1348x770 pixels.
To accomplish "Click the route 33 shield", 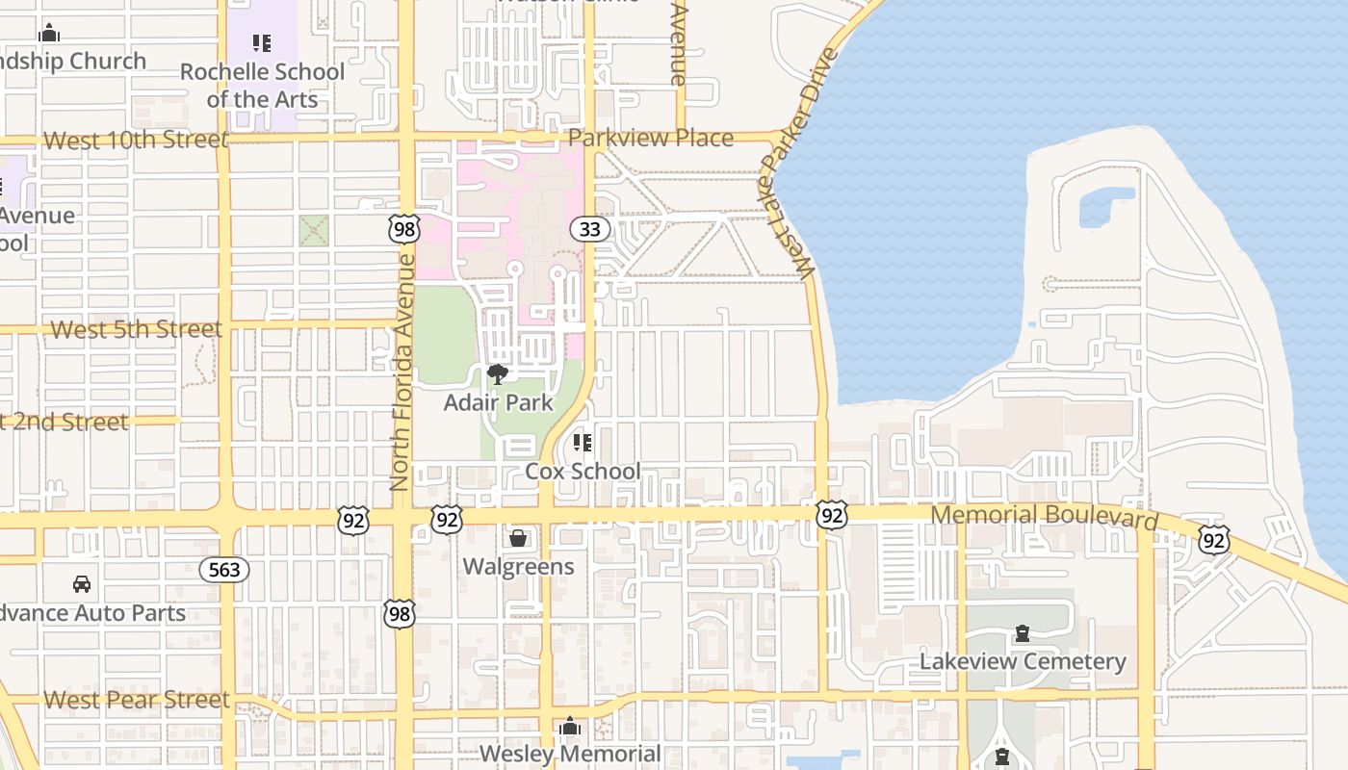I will [x=589, y=229].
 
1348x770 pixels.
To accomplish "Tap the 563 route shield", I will [x=224, y=570].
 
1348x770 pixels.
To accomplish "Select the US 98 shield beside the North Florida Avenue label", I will [x=404, y=229].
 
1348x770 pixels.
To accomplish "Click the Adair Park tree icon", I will [x=498, y=374].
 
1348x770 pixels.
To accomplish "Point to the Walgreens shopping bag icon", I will [x=518, y=538].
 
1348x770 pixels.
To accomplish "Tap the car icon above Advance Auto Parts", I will [x=82, y=584].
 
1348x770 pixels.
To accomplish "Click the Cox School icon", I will [x=582, y=443].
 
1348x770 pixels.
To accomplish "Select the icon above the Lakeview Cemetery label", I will [x=1022, y=634].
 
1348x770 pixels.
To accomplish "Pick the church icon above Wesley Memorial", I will [x=570, y=726].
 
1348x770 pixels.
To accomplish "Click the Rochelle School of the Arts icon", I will [x=261, y=43].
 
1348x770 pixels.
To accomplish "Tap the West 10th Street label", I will [x=136, y=141].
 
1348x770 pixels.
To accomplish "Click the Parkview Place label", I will [x=651, y=138].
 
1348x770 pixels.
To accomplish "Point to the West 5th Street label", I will [x=136, y=329].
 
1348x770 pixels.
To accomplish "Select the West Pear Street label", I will [x=137, y=700].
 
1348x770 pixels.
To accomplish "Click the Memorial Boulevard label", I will [x=1044, y=517].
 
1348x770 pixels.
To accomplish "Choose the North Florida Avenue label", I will [x=402, y=372].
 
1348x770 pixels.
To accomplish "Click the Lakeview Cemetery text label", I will [x=1023, y=662].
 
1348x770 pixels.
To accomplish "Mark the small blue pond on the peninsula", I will [x=1105, y=205].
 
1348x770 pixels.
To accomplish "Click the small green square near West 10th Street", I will [x=313, y=230].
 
